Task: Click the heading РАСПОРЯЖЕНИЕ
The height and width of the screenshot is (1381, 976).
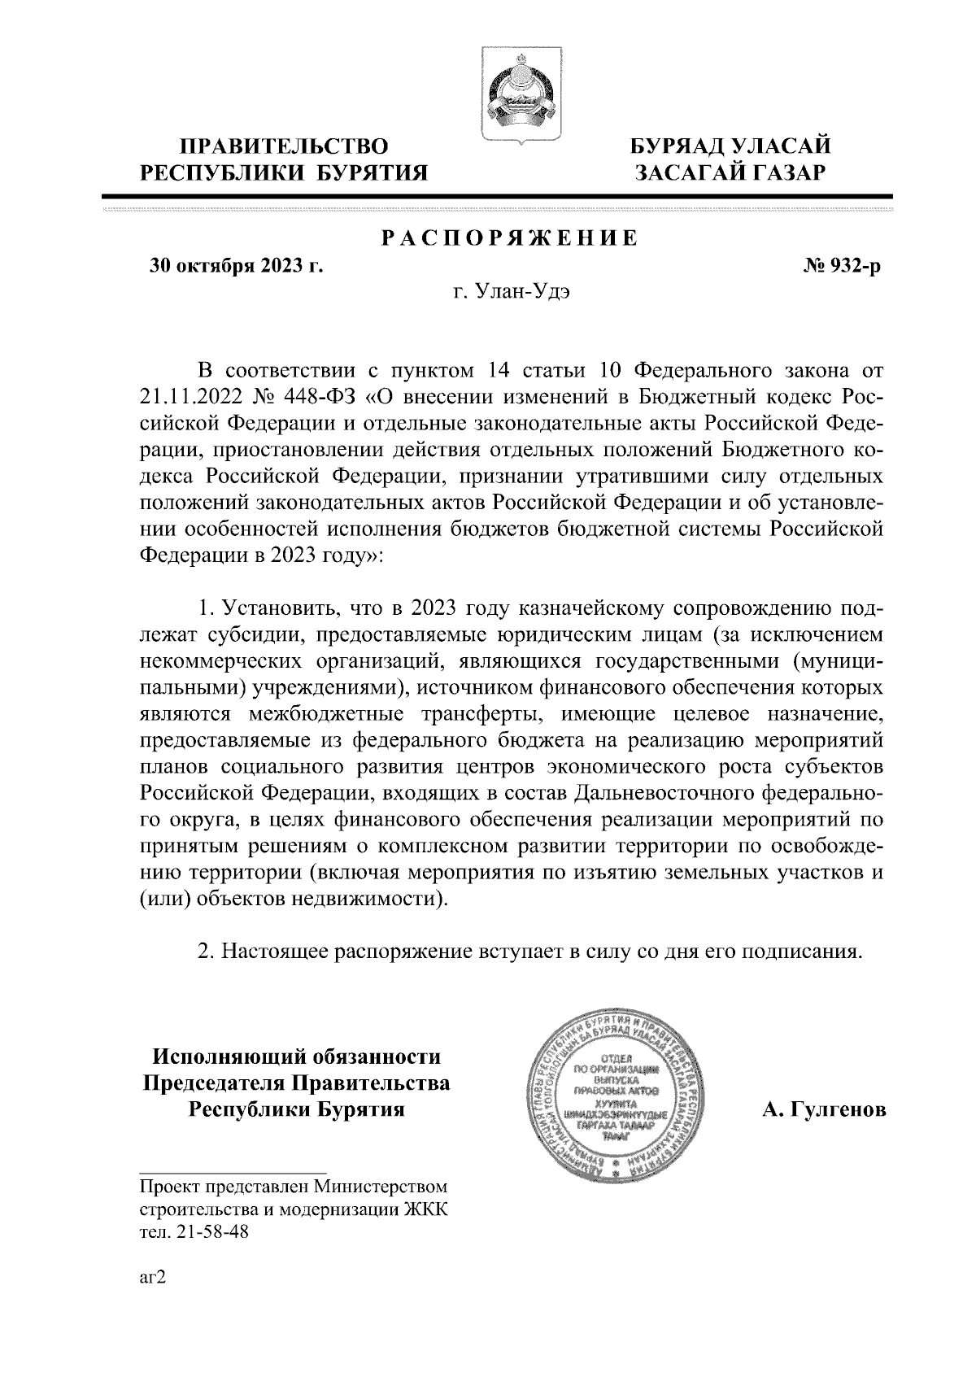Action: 509,238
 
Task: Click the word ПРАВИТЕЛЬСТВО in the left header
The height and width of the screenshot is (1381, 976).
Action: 284,146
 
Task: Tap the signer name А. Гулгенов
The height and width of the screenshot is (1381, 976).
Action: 824,1110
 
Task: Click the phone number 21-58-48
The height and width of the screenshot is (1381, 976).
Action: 217,1232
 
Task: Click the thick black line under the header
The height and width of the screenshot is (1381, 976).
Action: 497,196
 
